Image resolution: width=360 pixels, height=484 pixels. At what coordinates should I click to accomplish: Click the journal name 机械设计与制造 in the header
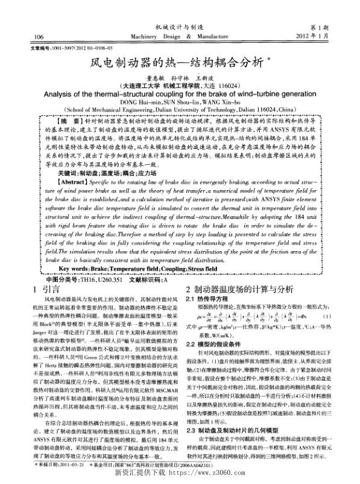tap(180, 27)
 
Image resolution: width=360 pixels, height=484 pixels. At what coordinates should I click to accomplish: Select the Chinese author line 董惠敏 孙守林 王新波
tap(179, 78)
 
